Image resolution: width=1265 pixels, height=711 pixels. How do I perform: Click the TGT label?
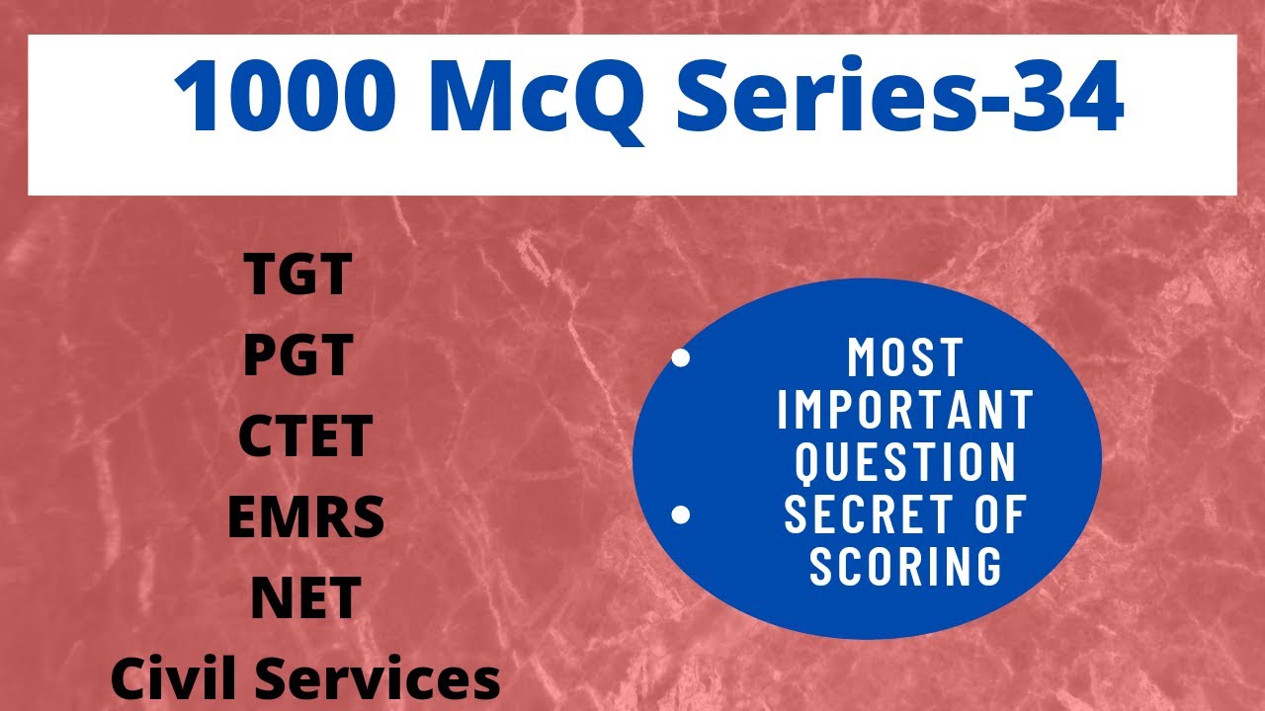[297, 276]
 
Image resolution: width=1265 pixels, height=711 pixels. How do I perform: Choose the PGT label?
[297, 356]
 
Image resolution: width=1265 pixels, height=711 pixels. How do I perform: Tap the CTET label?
[305, 437]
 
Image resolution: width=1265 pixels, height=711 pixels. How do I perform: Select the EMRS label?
[305, 517]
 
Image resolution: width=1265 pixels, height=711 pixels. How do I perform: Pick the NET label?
[305, 598]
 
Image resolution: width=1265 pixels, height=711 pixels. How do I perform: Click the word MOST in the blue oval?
[905, 357]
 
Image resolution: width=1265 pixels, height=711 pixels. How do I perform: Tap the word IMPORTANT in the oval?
[905, 409]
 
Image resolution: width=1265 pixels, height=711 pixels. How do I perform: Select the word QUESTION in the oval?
[905, 461]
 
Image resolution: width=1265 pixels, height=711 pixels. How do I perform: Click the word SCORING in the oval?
[905, 566]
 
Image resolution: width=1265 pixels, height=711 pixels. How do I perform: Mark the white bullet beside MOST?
[680, 357]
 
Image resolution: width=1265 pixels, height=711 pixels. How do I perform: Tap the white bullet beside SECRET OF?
[680, 514]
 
